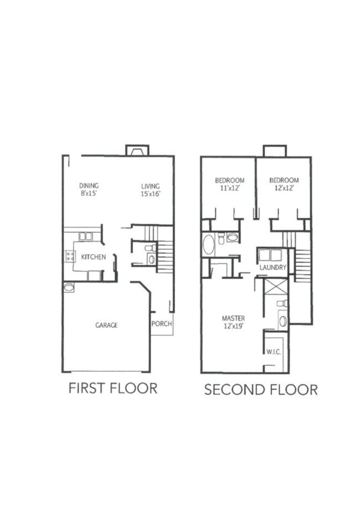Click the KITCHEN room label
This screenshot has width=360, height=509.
coord(94,258)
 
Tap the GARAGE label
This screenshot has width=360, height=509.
coord(106,325)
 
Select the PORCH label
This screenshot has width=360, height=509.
coord(161,324)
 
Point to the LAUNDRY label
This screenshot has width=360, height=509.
coord(273,268)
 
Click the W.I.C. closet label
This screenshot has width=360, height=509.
coord(273,351)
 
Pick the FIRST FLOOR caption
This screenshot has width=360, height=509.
coord(113,388)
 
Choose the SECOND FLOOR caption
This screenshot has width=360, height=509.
coord(261,389)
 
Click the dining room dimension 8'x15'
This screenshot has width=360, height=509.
coord(89,194)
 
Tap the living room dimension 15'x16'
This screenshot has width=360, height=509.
coord(150,194)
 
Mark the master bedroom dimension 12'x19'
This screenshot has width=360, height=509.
coord(233,326)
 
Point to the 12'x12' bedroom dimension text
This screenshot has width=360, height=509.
coord(284,188)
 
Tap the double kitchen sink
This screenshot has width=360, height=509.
coord(85,236)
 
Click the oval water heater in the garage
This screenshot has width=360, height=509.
coord(69,287)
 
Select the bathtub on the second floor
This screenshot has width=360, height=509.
coord(209,245)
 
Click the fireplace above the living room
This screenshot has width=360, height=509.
coord(137,150)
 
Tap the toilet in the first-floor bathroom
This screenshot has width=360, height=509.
coord(151,248)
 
